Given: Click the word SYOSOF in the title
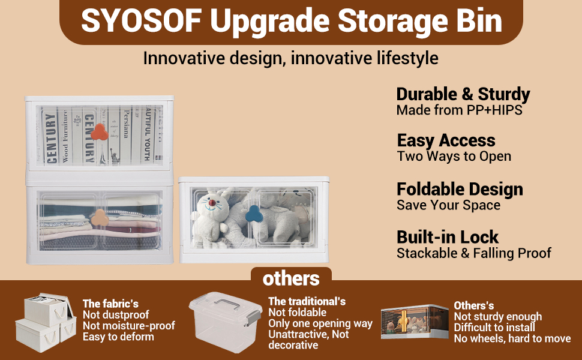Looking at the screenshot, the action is tap(142, 21).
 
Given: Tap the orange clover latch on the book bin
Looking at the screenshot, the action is tap(99, 132).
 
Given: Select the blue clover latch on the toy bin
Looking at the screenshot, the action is tap(254, 214).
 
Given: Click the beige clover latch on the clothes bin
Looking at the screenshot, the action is tap(100, 217).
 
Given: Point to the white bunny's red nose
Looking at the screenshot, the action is tap(212, 203).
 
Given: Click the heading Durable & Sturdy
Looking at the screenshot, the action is tap(463, 94).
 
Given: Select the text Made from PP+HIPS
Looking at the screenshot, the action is tap(459, 110).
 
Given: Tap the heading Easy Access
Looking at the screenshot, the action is tap(446, 140).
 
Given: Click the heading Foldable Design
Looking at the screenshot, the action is tap(460, 189).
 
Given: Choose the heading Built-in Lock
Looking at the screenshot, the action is tap(448, 237).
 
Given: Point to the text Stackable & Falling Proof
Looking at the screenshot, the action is tap(474, 253).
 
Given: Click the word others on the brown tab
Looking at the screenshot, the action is tap(291, 279).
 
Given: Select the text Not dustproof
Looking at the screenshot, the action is tap(116, 315).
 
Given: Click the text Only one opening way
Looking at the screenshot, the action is tap(320, 323).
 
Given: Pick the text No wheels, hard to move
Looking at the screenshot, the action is tap(512, 338).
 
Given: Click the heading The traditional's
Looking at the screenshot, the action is tap(307, 301).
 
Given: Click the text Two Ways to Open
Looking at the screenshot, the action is tap(454, 157).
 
